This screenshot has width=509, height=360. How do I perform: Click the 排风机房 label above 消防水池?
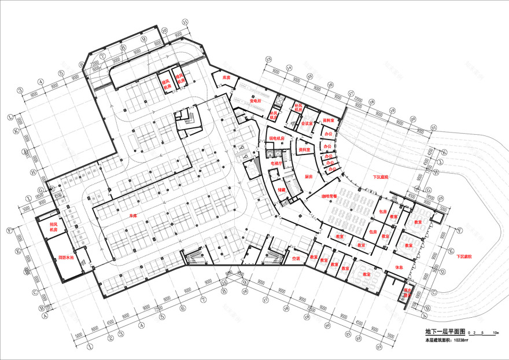coord(53,226)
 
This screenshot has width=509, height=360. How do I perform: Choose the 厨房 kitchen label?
coord(307,176)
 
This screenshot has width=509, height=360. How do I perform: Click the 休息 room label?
coord(399,267)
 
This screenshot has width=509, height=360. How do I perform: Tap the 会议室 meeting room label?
coord(307,123)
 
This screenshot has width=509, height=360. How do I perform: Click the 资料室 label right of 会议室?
coord(328,120)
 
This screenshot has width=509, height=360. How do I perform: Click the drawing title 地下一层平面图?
coord(444,332)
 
